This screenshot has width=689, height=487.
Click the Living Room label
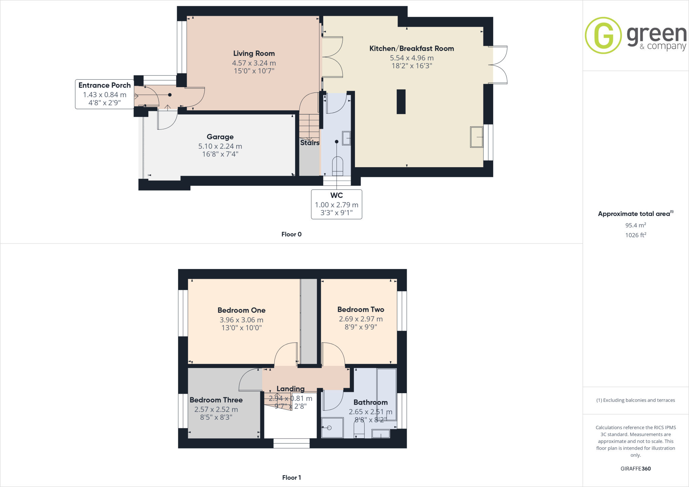[x=254, y=53]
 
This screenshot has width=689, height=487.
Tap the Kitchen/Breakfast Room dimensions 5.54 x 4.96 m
[x=411, y=58]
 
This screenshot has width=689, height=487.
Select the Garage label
[x=220, y=137]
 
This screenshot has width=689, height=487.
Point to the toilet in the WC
[x=337, y=165]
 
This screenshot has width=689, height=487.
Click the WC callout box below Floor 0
[x=336, y=204]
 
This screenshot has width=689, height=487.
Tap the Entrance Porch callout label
[x=104, y=85]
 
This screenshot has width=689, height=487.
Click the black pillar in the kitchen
[x=401, y=102]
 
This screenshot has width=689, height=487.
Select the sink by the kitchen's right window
[x=476, y=137]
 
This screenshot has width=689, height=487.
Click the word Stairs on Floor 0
[x=310, y=143]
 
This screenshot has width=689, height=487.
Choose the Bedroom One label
[x=241, y=310]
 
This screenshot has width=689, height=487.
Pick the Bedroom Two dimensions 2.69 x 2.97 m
[x=361, y=319]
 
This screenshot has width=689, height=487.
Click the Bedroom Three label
[x=216, y=400]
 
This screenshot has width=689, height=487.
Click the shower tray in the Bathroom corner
[x=332, y=427]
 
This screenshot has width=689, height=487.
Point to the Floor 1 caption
[x=291, y=478]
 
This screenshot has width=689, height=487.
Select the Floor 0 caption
[x=291, y=234]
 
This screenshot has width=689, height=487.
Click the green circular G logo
[x=603, y=35]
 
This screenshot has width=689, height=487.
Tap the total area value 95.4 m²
[x=636, y=225]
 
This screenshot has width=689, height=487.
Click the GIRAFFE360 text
[x=636, y=469]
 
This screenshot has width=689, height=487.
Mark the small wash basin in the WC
[x=346, y=138]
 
